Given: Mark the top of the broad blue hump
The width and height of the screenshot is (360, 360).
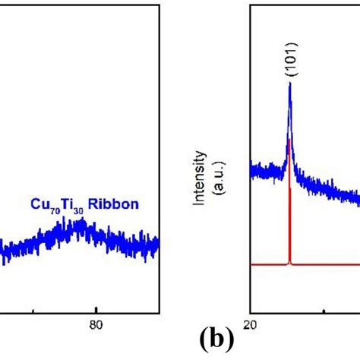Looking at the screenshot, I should tap(82, 224).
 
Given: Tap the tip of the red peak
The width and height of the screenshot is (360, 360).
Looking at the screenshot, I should tap(290, 140).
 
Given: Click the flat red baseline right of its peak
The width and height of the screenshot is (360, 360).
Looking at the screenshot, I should tap(327, 264).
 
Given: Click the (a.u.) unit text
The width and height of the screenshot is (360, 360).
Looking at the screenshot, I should tap(215, 178).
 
